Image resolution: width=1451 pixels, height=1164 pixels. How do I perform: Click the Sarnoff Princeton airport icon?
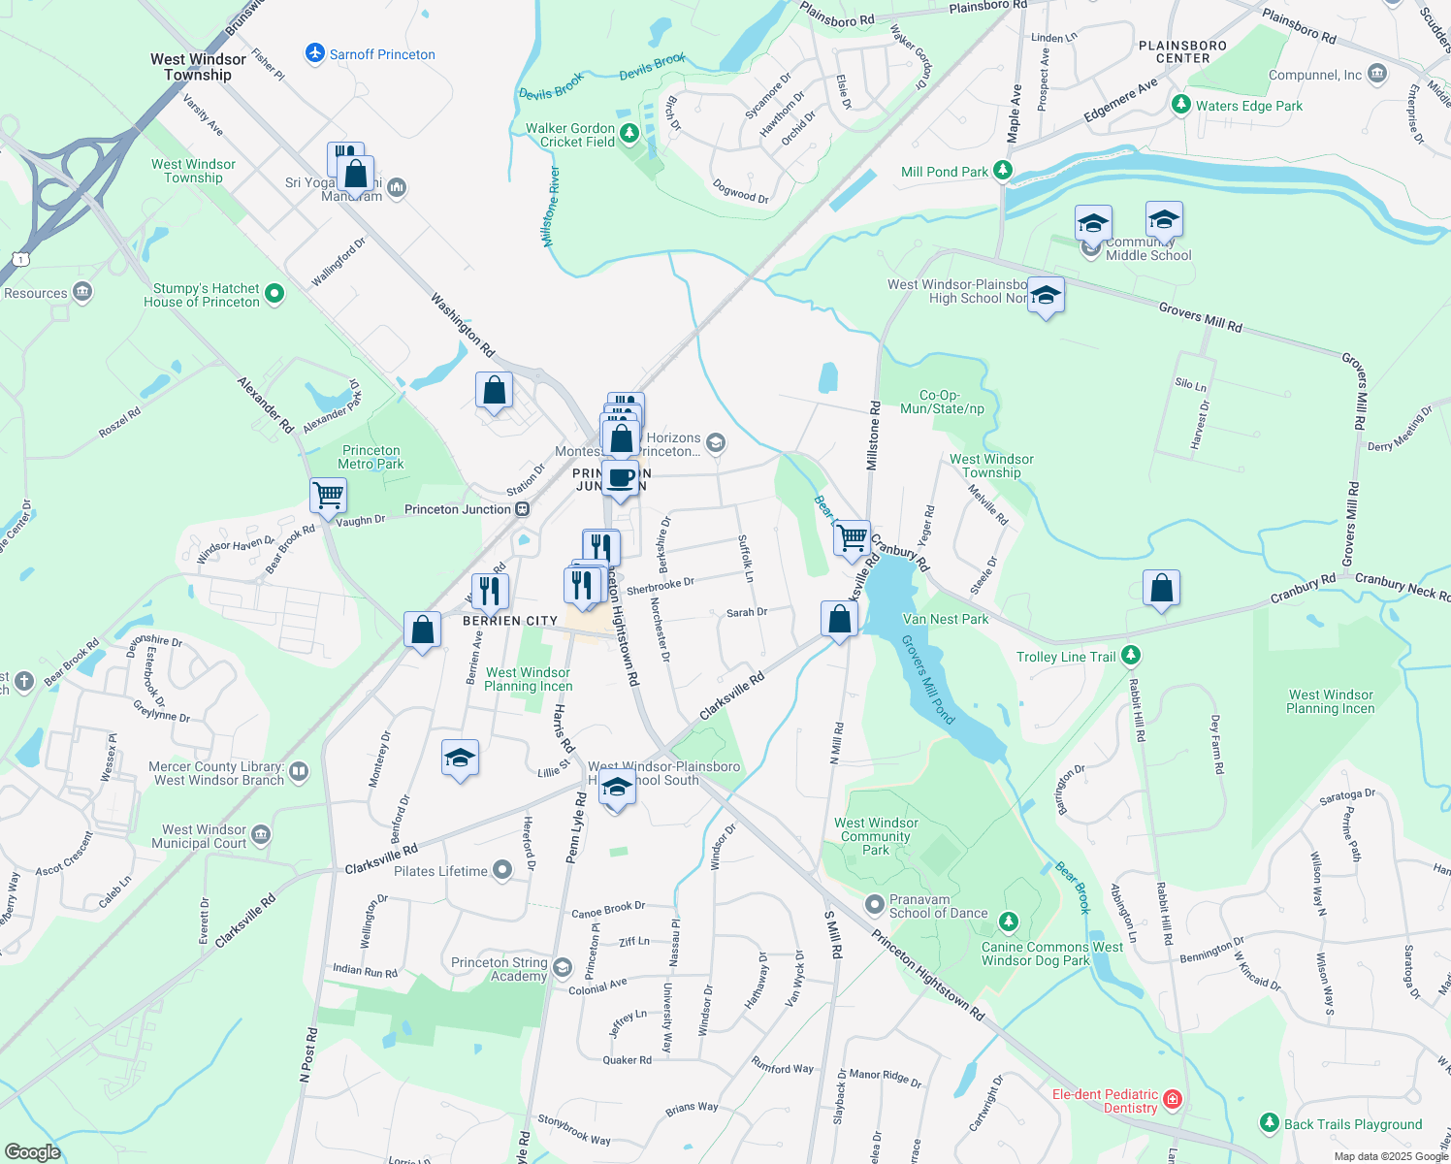314,53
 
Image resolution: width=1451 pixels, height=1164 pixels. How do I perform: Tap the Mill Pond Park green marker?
1003,172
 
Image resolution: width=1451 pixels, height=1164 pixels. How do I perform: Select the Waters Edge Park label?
1249,106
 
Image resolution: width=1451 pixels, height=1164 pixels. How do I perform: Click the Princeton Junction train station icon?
522,509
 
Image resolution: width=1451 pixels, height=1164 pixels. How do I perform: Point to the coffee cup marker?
620,478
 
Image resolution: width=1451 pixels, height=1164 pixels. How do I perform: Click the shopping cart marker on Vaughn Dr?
329,495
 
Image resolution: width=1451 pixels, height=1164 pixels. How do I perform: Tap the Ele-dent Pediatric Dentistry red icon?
1173,1099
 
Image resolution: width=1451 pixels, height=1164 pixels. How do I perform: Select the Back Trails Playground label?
1353,1124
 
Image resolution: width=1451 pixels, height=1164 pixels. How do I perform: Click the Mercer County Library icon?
299,772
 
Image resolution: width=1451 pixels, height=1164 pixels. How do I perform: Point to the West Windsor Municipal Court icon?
260,835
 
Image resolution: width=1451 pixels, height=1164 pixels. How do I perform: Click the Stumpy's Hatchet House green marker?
274,293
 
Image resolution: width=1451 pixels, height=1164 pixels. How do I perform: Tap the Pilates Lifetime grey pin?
501,870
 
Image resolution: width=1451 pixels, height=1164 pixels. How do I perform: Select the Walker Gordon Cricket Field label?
570,135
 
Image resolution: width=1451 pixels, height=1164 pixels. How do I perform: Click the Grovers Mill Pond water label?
928,680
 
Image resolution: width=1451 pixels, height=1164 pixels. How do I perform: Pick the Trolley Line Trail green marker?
1130,656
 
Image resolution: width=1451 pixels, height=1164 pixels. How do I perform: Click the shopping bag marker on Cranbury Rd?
1161,588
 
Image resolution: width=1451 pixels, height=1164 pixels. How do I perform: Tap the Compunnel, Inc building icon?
1377,74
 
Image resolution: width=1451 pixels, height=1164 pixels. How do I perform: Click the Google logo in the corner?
32,1151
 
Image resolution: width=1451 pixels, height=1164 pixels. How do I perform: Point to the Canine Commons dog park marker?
1009,921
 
